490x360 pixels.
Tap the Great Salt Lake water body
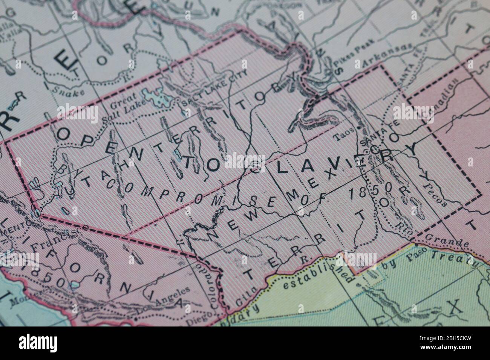(158, 99)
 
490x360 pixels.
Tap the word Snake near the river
(67, 90)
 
